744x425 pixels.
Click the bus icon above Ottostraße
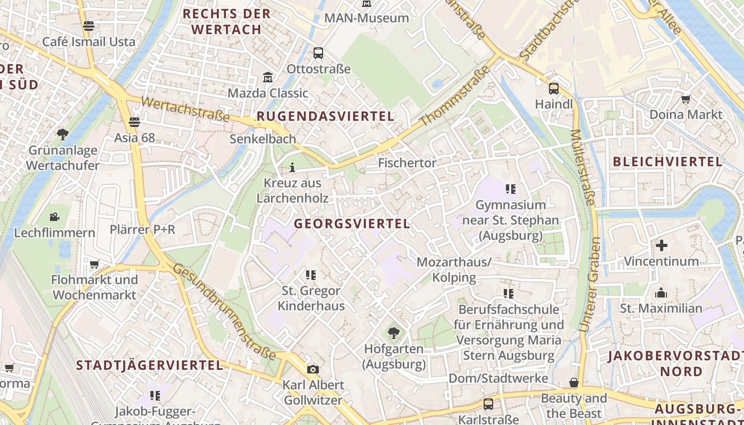[318, 53]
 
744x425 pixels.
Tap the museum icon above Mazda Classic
[268, 78]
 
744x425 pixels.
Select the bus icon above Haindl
[554, 89]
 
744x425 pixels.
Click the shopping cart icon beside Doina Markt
[686, 99]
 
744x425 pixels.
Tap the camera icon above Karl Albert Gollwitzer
[313, 369]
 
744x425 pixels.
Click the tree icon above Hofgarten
[394, 333]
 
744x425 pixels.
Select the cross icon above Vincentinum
[661, 245]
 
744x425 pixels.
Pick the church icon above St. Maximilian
[661, 293]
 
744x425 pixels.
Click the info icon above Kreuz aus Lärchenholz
[292, 168]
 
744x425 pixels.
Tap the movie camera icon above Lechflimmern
[54, 217]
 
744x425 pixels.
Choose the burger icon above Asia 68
[134, 122]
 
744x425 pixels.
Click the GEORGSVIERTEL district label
[352, 224]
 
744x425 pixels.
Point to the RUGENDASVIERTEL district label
[325, 116]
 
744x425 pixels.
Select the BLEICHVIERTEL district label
[667, 161]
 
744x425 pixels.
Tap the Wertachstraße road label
[185, 108]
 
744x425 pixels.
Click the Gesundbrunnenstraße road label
[224, 311]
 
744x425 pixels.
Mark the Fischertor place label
[407, 163]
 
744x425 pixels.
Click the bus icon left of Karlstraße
[488, 404]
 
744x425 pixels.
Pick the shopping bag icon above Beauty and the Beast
[574, 382]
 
